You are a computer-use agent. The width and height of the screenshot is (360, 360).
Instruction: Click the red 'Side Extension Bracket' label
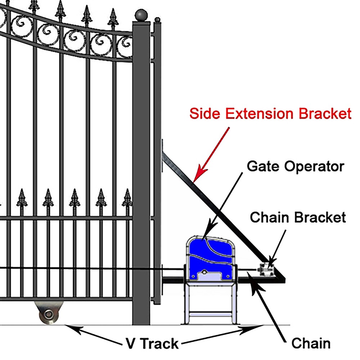(x=270, y=114)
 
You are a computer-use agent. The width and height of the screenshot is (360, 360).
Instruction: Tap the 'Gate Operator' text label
(x=296, y=167)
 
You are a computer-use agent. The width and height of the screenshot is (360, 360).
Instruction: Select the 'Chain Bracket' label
(x=298, y=217)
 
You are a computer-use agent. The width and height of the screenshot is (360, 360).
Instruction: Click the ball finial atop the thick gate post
(x=141, y=15)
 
